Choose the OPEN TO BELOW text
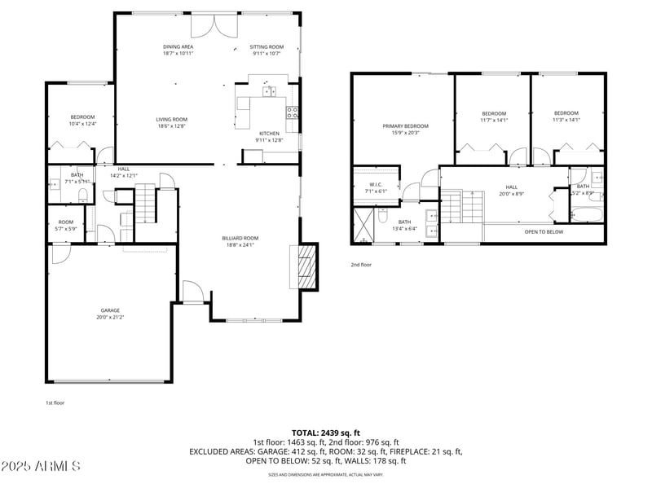click(x=544, y=232)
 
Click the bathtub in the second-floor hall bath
click(x=585, y=215)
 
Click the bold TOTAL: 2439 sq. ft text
click(x=326, y=433)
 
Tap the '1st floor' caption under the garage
click(x=55, y=402)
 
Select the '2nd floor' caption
click(x=361, y=265)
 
